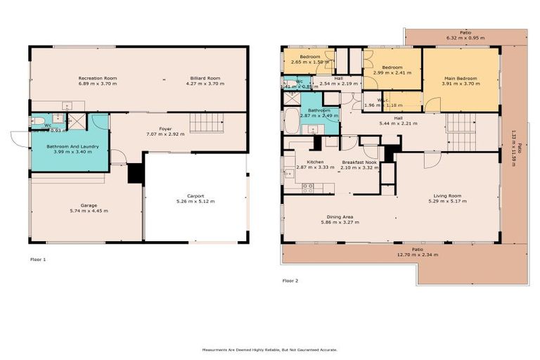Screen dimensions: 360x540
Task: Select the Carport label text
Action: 195,195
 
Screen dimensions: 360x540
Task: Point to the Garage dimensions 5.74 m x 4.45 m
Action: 89,211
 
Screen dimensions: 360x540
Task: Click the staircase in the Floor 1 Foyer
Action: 207,123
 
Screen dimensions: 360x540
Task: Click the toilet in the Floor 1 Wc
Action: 37,121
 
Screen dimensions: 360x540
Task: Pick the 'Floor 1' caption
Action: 38,259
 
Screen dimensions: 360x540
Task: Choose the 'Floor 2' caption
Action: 290,281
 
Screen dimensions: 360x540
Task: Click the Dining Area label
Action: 340,217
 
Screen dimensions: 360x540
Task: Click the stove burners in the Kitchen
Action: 307,188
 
